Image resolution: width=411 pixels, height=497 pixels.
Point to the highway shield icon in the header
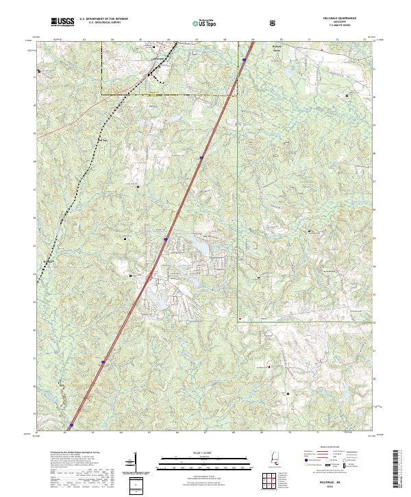[x=274, y=23]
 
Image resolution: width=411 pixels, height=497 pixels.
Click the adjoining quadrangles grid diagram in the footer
[x=275, y=481]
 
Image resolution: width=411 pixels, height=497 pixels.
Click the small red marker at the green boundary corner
[x=240, y=319]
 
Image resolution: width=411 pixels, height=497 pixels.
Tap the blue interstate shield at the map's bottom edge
[x=71, y=426]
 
